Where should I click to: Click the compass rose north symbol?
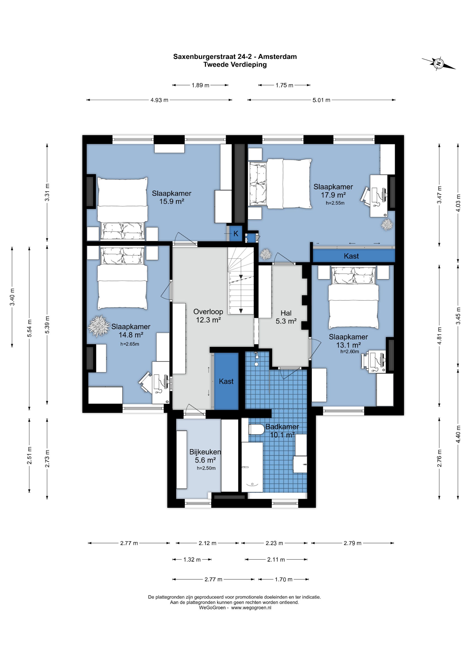pyautogui.click(x=438, y=64)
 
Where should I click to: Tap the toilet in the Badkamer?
pyautogui.click(x=256, y=429)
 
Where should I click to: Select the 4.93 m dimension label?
pyautogui.click(x=159, y=100)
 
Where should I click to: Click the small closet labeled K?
pyautogui.click(x=236, y=233)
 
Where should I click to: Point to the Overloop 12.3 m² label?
pyautogui.click(x=208, y=316)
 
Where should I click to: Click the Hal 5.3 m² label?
pyautogui.click(x=286, y=317)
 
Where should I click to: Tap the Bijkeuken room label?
pyautogui.click(x=205, y=456)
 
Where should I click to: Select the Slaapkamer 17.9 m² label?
pyautogui.click(x=333, y=191)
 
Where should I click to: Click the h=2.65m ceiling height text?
pyautogui.click(x=130, y=344)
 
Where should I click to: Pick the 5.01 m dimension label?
pyautogui.click(x=321, y=100)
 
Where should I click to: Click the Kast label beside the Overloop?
pyautogui.click(x=226, y=381)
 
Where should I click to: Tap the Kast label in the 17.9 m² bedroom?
pyautogui.click(x=351, y=256)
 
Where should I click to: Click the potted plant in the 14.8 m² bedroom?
pyautogui.click(x=99, y=326)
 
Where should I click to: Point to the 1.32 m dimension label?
pyautogui.click(x=192, y=560)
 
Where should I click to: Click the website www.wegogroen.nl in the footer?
pyautogui.click(x=251, y=608)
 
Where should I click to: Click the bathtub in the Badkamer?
pyautogui.click(x=252, y=467)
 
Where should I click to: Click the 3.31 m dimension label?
pyautogui.click(x=47, y=192)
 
